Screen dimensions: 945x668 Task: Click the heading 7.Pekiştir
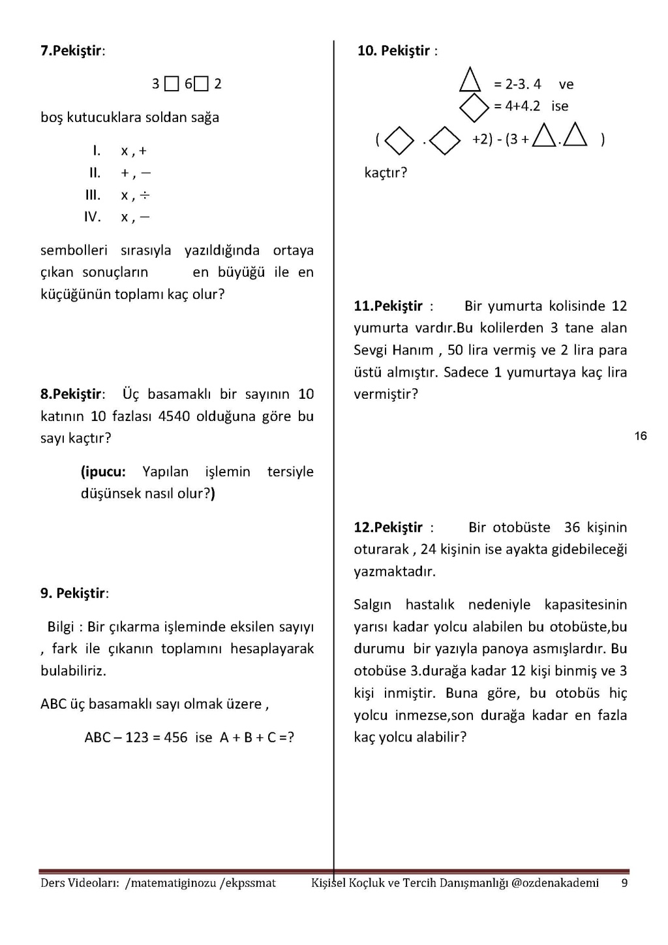(72, 51)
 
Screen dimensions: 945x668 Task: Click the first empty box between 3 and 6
(172, 84)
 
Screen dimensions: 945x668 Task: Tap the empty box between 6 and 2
(202, 84)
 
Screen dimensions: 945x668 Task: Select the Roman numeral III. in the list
(93, 195)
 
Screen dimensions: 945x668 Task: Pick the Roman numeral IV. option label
(92, 217)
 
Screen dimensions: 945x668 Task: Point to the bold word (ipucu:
(103, 472)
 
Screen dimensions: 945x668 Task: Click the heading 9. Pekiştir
(74, 593)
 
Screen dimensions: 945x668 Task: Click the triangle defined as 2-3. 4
(470, 82)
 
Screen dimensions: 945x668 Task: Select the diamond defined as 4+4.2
(474, 107)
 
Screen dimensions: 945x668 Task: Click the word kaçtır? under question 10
(386, 173)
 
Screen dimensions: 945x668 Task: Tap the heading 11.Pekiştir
(388, 306)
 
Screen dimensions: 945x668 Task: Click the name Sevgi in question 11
(370, 350)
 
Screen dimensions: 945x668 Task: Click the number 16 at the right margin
(641, 436)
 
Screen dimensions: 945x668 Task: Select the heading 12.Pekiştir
(388, 527)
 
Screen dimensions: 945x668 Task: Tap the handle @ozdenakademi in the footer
(554, 883)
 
